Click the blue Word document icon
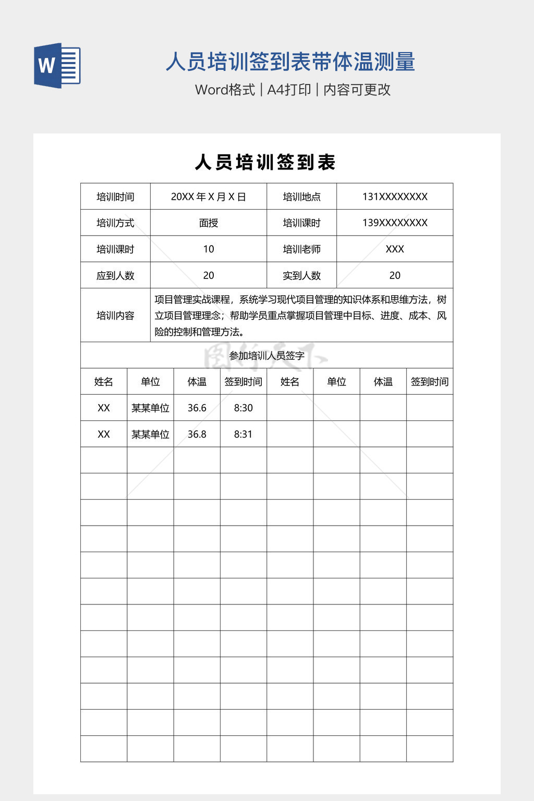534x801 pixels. [57, 65]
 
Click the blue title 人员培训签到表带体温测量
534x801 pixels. [290, 62]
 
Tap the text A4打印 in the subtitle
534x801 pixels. [289, 90]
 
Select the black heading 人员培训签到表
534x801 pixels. [265, 162]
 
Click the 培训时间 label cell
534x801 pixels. [115, 197]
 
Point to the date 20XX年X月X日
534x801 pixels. [208, 197]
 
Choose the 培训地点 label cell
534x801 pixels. [301, 197]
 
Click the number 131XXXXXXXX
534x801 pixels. [395, 197]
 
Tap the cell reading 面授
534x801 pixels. [208, 223]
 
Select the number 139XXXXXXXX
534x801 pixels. [395, 223]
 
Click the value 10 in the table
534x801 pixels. [208, 249]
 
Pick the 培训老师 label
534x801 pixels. [301, 249]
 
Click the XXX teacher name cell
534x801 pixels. [395, 249]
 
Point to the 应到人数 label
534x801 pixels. [115, 275]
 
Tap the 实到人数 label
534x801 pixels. [301, 275]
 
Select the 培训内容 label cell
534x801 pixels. [115, 315]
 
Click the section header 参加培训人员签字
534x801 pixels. [266, 356]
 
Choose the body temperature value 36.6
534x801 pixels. [197, 408]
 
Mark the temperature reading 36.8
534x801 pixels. [197, 434]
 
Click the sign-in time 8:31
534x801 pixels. [243, 434]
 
